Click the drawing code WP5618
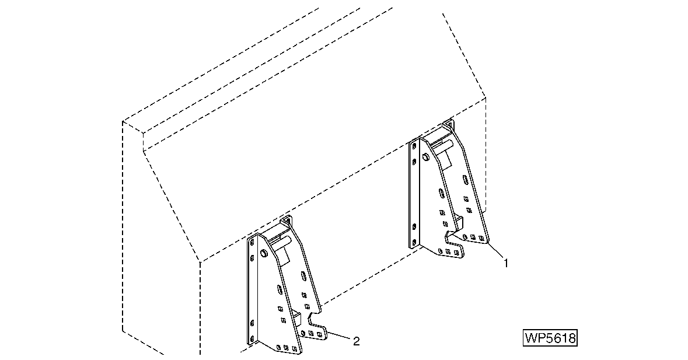click(x=550, y=338)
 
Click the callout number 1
click(x=506, y=263)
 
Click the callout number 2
click(x=357, y=341)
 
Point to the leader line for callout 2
click(x=339, y=336)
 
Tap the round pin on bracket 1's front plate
click(x=425, y=156)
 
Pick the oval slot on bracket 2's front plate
click(x=279, y=291)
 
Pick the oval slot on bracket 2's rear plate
click(x=303, y=277)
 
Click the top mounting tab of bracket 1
click(x=448, y=124)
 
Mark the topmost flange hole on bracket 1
click(x=413, y=145)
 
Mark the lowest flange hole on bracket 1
click(x=413, y=242)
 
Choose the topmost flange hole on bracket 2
click(x=252, y=243)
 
